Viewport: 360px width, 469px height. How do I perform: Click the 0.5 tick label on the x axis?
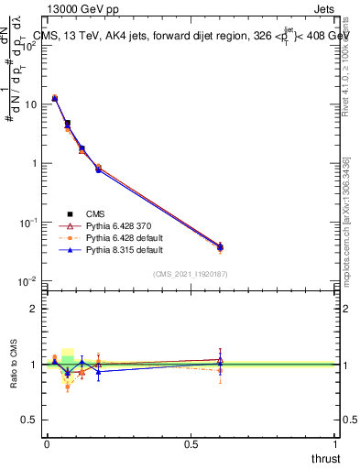(x=191, y=444)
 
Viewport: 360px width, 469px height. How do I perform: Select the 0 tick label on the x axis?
(x=47, y=444)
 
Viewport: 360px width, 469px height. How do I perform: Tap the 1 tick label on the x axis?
(x=335, y=444)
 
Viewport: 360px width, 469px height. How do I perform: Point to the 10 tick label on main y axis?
(x=30, y=104)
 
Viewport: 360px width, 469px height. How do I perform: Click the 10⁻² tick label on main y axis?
(x=28, y=280)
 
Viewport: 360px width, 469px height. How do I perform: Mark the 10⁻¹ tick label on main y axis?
(x=28, y=222)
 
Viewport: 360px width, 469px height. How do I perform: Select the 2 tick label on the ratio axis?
(x=35, y=309)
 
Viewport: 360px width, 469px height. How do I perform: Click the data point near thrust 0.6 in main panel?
(x=220, y=247)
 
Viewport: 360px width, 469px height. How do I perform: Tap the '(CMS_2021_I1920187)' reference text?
(x=191, y=273)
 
